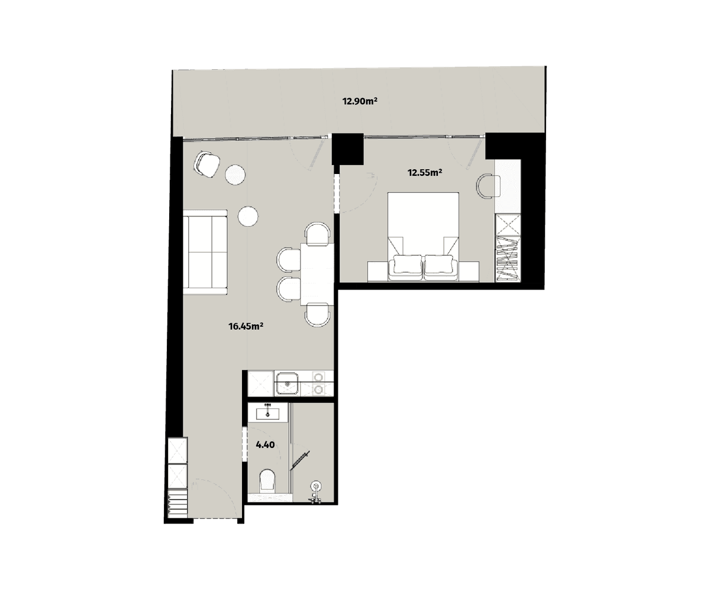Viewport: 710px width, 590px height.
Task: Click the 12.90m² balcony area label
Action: [x=360, y=101]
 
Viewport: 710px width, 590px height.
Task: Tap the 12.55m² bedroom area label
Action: [x=425, y=173]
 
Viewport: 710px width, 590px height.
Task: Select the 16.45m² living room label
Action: [x=246, y=325]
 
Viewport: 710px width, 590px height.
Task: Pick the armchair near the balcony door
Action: [x=207, y=163]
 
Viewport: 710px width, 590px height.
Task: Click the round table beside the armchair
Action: [x=235, y=174]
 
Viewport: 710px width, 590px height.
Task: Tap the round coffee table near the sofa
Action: [x=248, y=216]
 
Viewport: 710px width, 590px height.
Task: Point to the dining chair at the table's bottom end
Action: [x=318, y=314]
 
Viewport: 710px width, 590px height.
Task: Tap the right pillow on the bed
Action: [x=438, y=265]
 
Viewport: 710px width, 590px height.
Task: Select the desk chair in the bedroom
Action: [x=488, y=186]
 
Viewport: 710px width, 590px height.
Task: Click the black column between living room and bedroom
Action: [x=347, y=149]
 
